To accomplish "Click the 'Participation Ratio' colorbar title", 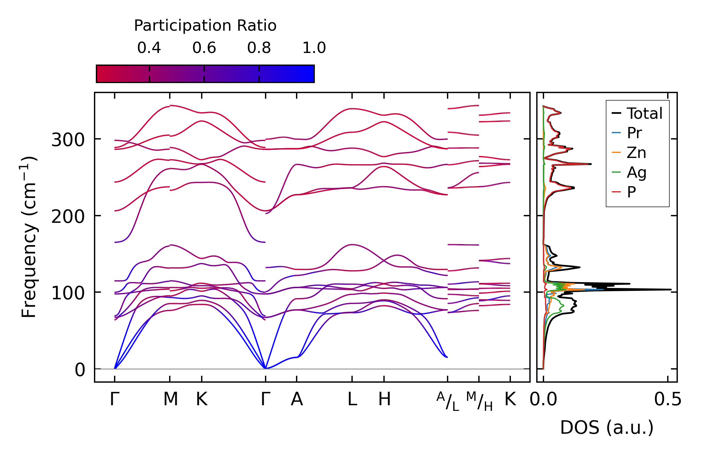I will point(205,26).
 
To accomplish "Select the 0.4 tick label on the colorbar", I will point(149,48).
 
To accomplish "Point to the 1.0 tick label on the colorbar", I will point(314,48).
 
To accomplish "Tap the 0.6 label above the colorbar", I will point(204,48).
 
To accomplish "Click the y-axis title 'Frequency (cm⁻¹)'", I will point(29,237).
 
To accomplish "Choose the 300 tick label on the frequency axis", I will point(68,140).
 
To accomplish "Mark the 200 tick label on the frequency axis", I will point(68,217).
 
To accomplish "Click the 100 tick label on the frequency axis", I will point(68,293).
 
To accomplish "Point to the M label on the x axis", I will point(170,400).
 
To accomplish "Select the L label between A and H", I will point(352,400).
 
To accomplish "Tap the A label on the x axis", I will point(297,400).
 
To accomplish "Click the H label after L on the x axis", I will point(384,400).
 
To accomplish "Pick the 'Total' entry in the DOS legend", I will point(644,113).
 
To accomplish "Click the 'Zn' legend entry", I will point(636,153).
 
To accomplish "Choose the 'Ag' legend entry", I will point(636,173).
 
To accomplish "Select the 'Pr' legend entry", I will point(634,133).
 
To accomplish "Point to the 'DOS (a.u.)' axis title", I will point(607,428).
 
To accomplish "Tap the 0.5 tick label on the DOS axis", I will point(667,400).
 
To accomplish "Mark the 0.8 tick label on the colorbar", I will point(259,48).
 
